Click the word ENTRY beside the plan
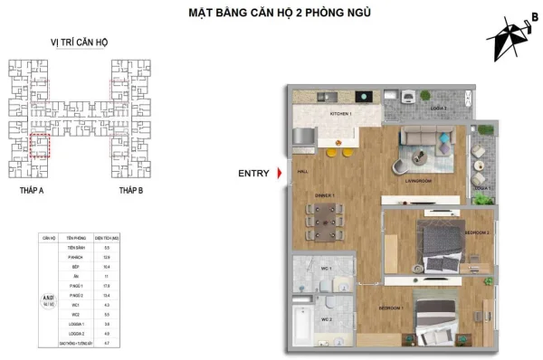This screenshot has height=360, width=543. [x=254, y=173]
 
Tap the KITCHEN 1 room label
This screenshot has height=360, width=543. [x=340, y=114]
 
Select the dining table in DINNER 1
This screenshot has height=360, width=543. [x=325, y=217]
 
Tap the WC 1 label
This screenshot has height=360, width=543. [x=326, y=270]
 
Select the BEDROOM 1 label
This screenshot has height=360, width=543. [x=390, y=308]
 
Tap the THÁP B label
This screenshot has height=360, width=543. [x=131, y=193]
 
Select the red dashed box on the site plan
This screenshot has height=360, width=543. [x=39, y=147]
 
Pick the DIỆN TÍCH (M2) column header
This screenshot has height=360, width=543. [x=107, y=237]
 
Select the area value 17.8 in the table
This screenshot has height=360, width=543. [x=107, y=288]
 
